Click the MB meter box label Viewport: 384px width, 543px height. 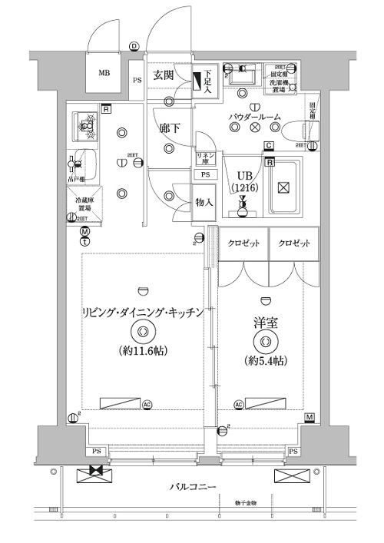[104, 74]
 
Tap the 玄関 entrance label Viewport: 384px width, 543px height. [162, 75]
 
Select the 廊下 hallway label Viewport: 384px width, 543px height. [169, 128]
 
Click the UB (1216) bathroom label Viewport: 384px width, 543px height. [243, 180]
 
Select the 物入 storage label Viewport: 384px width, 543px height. [204, 203]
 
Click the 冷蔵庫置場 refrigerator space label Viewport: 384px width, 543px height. [84, 204]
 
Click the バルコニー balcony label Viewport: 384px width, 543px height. [193, 487]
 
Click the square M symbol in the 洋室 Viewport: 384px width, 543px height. [309, 417]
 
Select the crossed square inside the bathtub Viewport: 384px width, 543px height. [283, 187]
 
